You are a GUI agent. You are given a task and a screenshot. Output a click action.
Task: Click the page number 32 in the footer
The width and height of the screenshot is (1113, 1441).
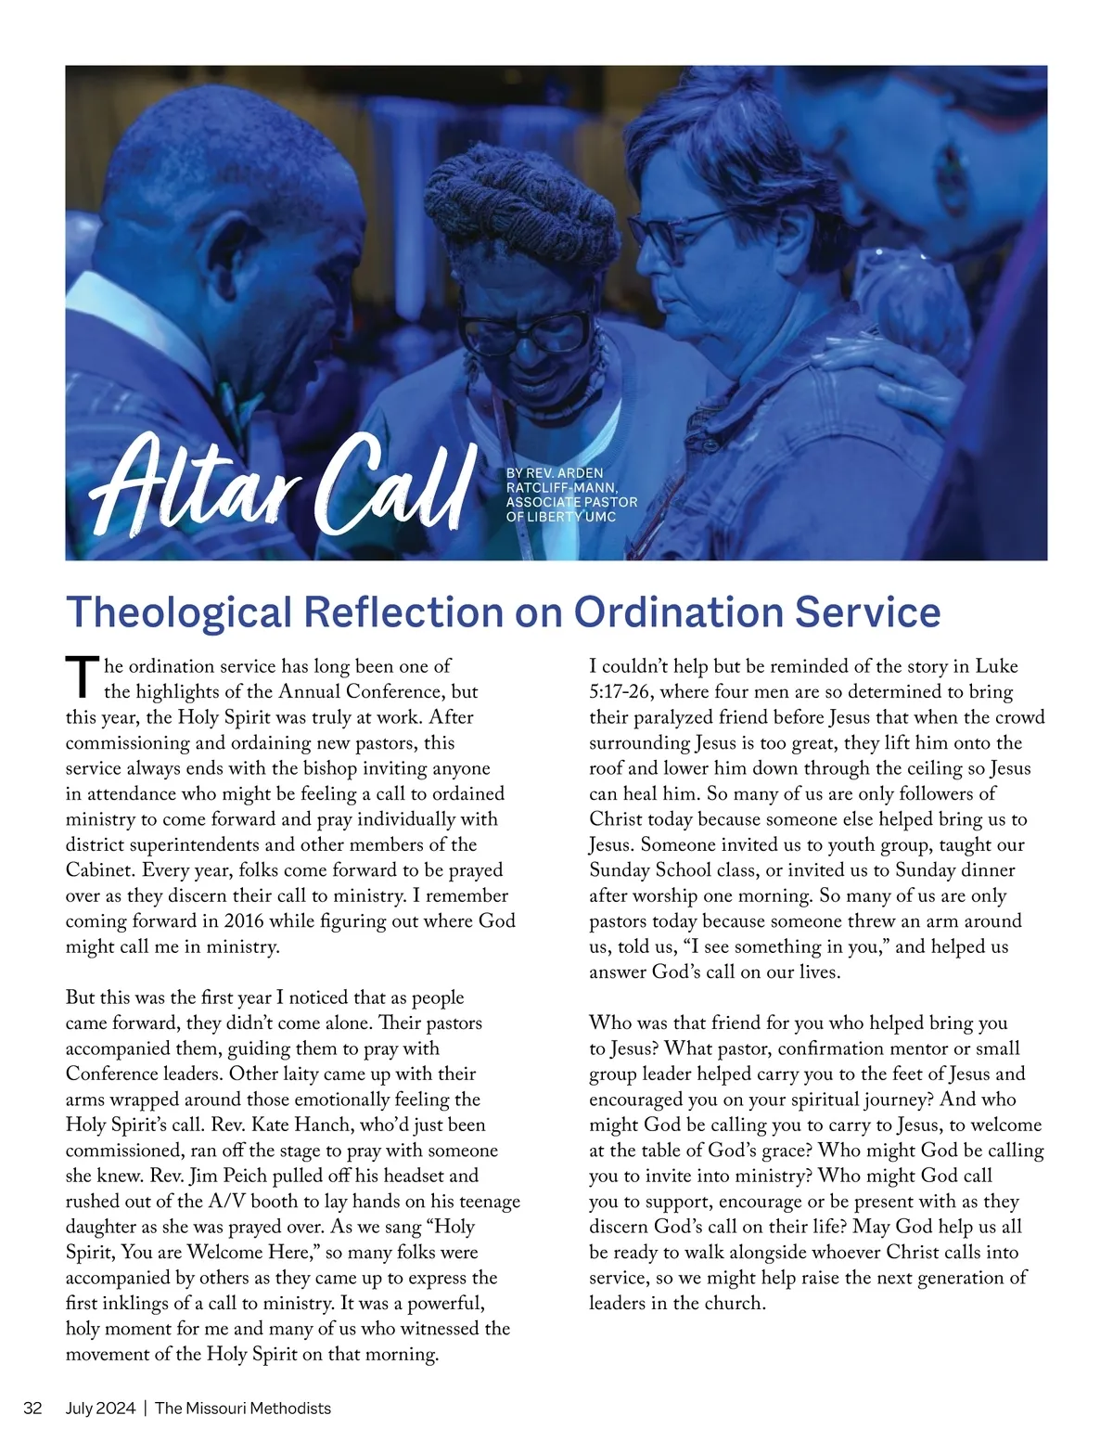tap(32, 1408)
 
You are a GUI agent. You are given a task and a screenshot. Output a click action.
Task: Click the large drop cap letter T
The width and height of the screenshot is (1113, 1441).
tap(83, 677)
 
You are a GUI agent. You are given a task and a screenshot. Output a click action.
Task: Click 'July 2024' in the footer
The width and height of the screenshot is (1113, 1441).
tap(100, 1408)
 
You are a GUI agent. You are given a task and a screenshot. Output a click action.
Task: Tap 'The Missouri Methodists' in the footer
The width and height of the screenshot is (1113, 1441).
tap(243, 1408)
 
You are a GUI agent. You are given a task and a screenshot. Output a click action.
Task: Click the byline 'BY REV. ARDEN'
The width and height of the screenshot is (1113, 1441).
tap(555, 473)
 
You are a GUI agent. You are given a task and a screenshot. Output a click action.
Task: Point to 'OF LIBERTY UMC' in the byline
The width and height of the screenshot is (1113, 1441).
tap(560, 516)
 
